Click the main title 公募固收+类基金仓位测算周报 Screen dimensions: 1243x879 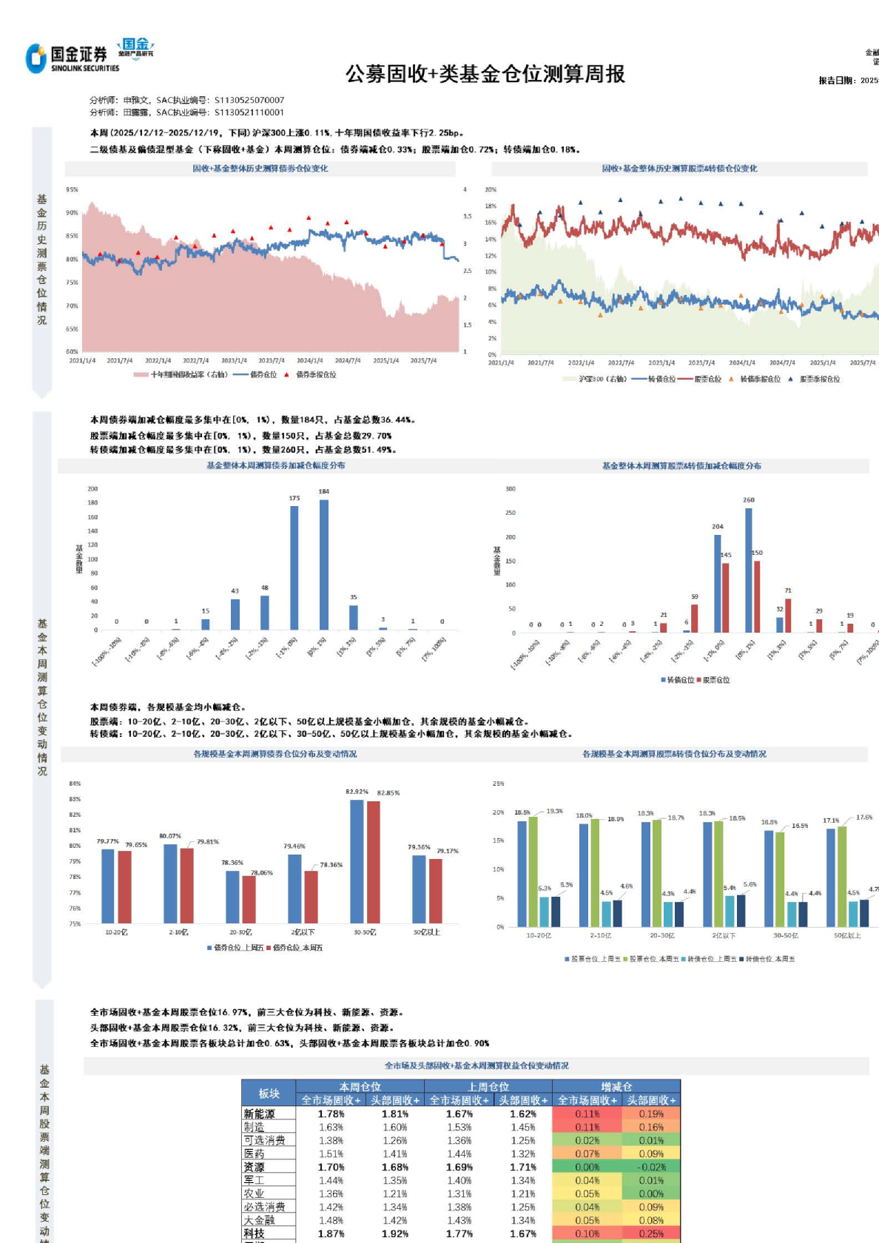[485, 74]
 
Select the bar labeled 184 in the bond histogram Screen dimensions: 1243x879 [323, 565]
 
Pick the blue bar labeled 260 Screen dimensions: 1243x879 [749, 570]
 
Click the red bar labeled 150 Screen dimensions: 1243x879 [757, 596]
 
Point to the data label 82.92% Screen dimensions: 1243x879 [357, 792]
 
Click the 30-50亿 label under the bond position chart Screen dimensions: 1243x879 [365, 932]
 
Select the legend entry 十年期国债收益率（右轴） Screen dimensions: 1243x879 [189, 374]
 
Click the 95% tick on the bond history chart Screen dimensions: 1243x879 [72, 189]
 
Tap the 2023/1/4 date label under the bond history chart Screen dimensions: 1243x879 [234, 361]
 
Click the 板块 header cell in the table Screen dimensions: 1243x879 [269, 1094]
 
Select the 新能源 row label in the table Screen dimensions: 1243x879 [259, 1114]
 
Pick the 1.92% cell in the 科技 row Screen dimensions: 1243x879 [394, 1233]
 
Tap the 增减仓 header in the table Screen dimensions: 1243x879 [616, 1087]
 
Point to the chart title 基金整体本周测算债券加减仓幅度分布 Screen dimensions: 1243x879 [275, 465]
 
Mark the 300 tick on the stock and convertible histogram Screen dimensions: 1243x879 [511, 489]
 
